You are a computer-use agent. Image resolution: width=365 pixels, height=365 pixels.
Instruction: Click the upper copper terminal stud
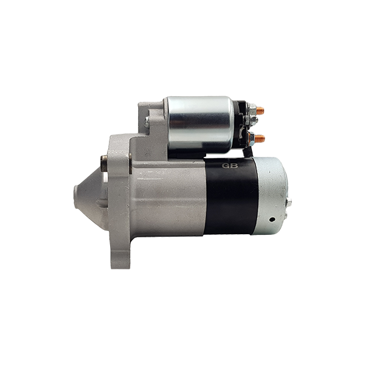(260, 111)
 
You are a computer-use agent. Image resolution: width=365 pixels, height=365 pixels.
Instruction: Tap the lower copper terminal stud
(260, 139)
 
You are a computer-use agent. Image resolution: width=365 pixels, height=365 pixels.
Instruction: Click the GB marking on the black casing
(229, 165)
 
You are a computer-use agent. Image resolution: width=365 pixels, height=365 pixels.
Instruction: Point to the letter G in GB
(225, 165)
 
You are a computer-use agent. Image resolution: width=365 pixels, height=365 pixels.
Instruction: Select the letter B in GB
(234, 165)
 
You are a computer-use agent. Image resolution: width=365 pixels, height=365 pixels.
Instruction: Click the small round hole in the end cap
(272, 219)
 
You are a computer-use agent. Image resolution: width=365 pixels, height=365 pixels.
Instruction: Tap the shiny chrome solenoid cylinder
(200, 125)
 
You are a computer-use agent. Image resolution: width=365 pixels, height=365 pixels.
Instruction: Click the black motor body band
(231, 196)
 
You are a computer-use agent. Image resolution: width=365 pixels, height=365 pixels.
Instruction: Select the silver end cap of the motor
(271, 196)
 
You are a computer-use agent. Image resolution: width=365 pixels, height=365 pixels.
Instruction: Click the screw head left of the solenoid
(147, 122)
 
